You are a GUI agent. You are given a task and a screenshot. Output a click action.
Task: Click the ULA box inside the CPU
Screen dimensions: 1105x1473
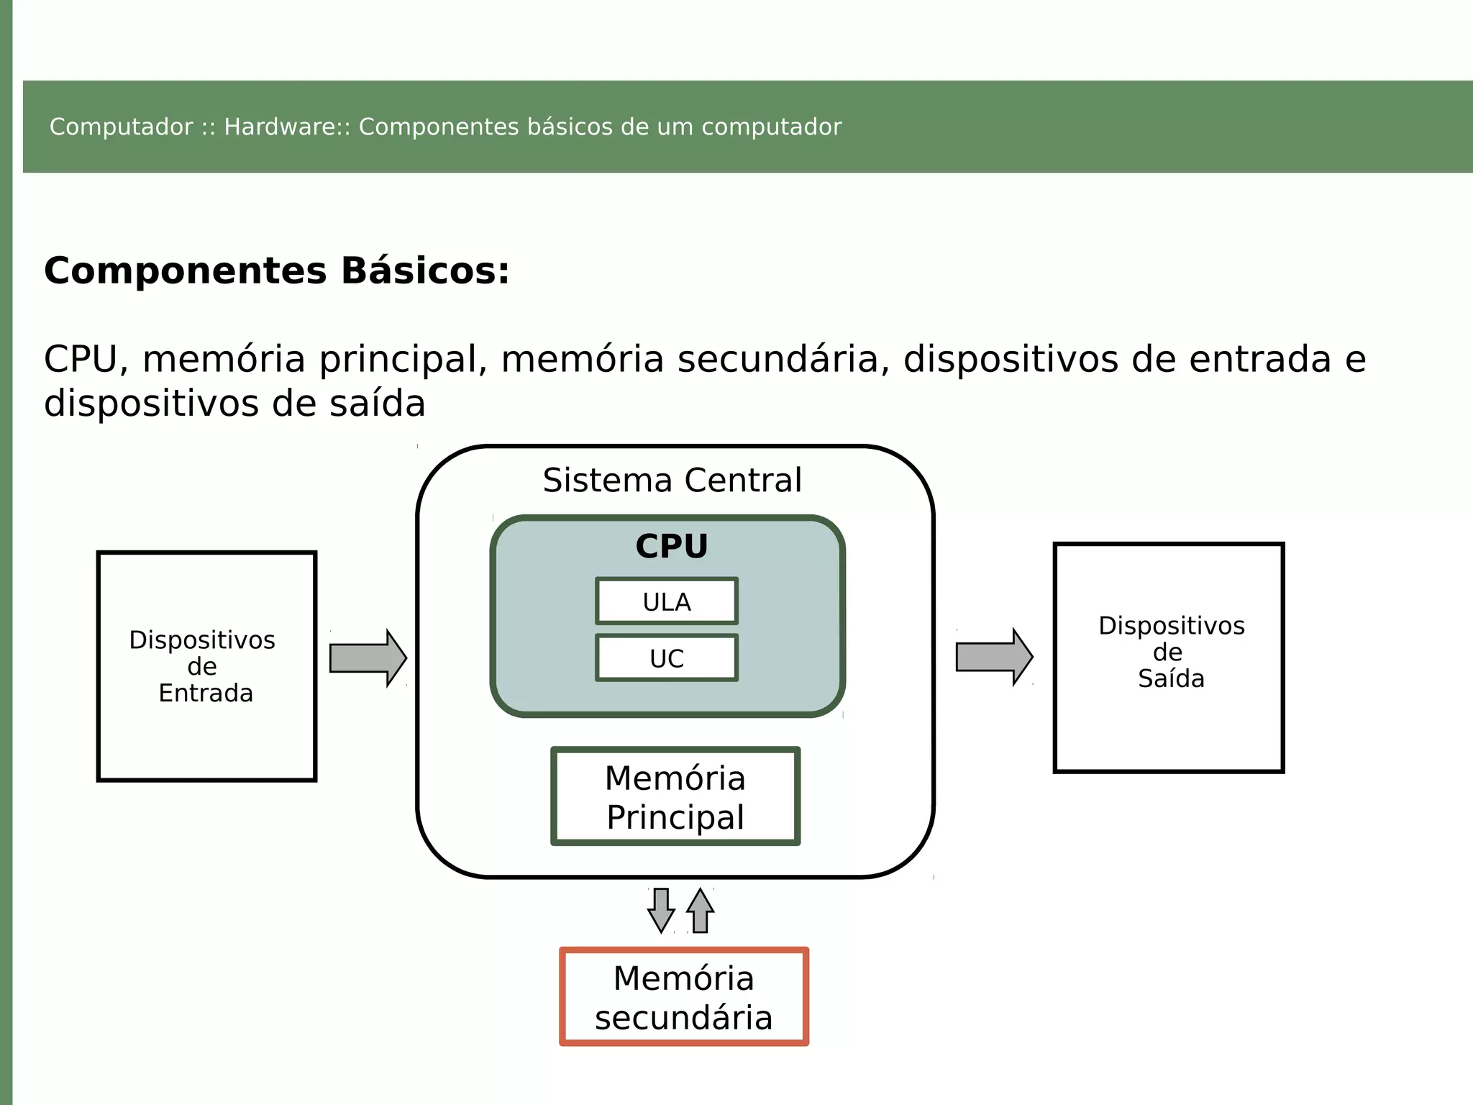tap(667, 601)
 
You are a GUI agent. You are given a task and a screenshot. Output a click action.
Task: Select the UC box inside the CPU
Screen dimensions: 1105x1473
tap(667, 658)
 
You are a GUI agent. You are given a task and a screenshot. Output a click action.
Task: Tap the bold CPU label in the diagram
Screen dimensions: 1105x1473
tap(671, 546)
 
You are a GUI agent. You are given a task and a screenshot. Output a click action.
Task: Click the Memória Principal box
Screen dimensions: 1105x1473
tap(675, 796)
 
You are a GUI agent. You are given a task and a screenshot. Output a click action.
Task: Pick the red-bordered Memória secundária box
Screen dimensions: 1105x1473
tap(683, 997)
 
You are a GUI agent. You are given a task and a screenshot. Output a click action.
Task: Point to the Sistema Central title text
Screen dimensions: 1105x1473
tap(672, 480)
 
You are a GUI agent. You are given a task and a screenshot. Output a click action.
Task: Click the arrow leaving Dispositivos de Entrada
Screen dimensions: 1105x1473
tap(368, 658)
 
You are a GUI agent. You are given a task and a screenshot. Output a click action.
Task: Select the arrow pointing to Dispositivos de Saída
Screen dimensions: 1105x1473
tap(993, 657)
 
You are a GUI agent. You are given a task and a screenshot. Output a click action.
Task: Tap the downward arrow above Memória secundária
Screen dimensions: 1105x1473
tap(661, 910)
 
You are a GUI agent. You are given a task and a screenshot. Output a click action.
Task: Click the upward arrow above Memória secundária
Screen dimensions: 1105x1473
tap(700, 910)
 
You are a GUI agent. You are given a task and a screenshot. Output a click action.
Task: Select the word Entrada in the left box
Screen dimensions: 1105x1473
tap(206, 693)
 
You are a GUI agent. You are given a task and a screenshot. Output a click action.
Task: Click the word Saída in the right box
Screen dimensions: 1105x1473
tap(1170, 678)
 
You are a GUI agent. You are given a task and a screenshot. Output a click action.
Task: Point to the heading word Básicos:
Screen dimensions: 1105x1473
tap(424, 271)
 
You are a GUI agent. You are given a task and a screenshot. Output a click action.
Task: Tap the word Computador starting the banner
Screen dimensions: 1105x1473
tap(121, 127)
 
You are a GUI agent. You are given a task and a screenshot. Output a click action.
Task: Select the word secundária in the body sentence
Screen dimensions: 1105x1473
tap(778, 359)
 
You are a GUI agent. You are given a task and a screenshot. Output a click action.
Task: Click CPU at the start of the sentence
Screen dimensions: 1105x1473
tap(80, 359)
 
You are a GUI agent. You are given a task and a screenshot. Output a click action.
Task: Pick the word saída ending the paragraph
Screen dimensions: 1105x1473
tap(377, 403)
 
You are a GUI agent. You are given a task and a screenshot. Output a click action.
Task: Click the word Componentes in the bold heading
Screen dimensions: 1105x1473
tap(186, 271)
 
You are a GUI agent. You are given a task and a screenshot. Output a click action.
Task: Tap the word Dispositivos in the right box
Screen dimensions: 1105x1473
tap(1171, 625)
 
